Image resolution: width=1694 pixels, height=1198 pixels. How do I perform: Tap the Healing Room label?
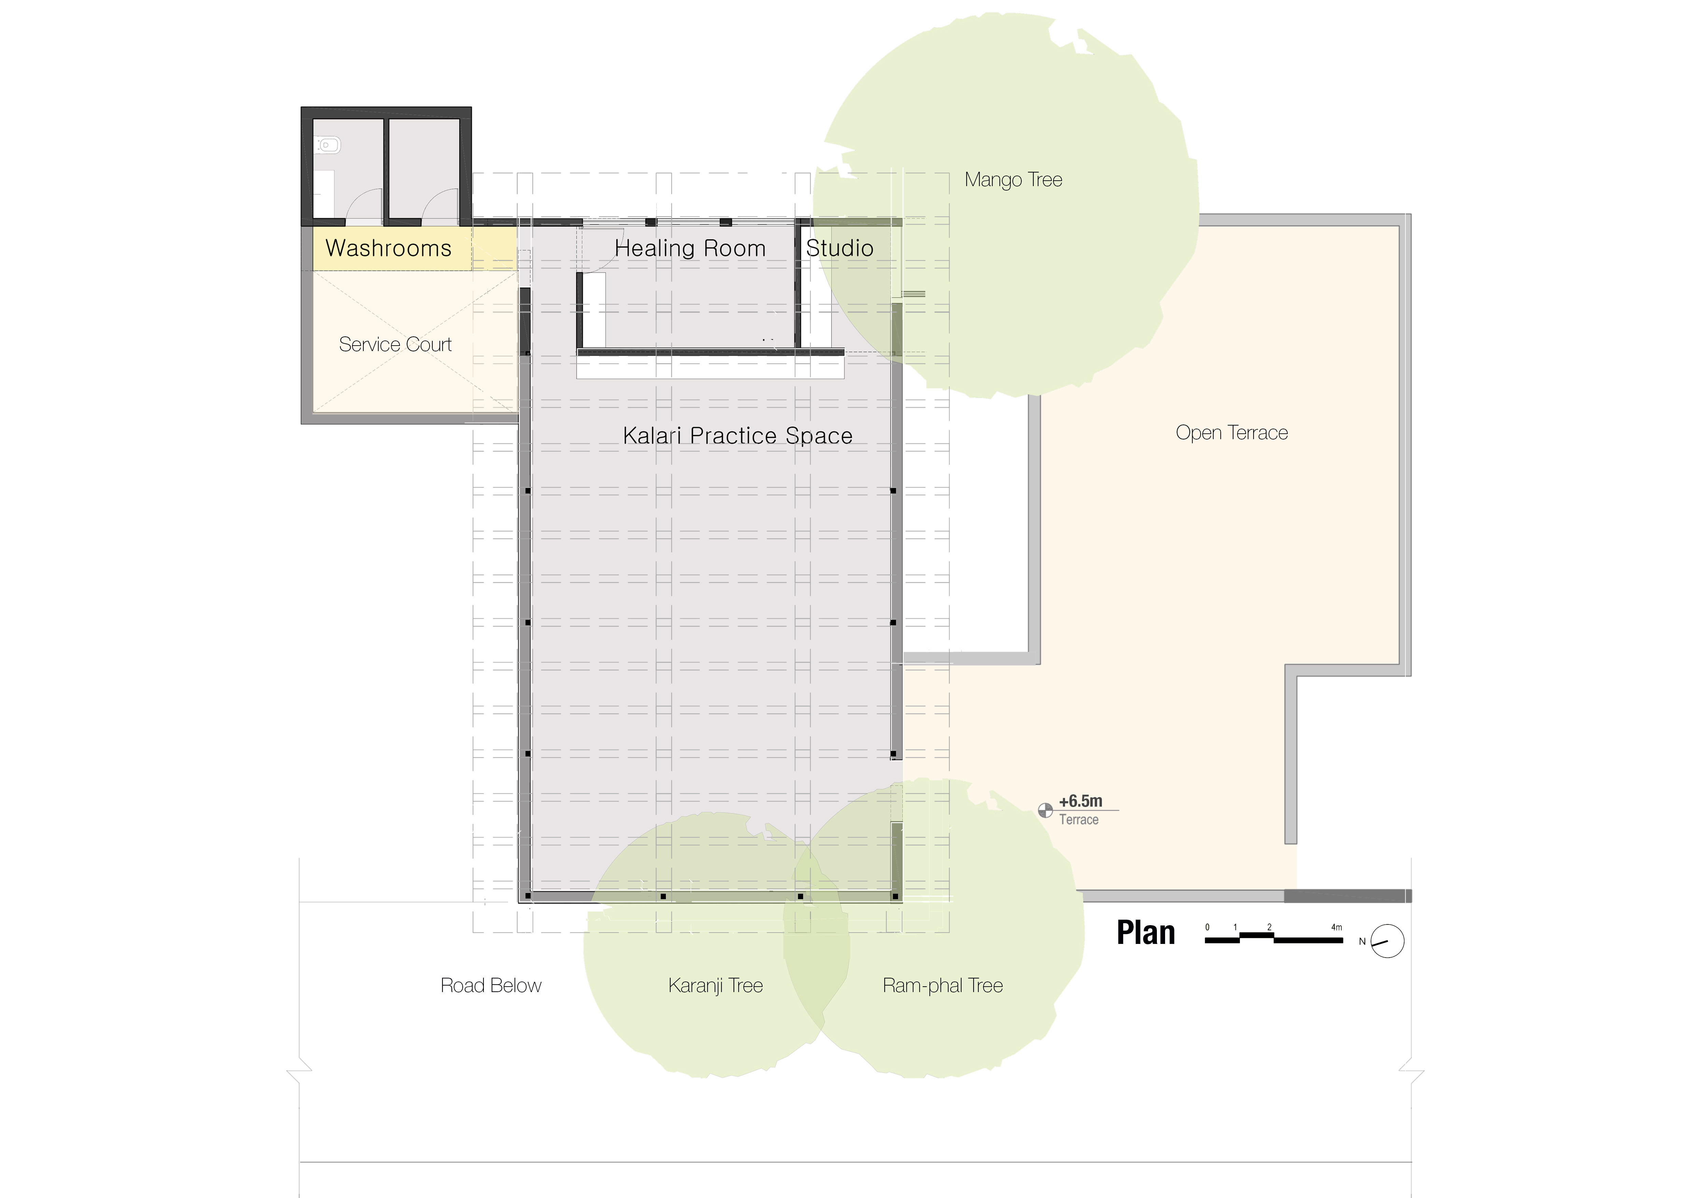click(690, 249)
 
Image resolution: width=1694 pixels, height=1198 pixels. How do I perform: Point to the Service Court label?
click(395, 345)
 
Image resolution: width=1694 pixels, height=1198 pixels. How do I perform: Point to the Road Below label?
click(491, 986)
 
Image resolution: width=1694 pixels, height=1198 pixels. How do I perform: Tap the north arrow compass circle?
click(1387, 941)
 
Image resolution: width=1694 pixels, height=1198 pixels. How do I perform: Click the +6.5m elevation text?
click(1081, 801)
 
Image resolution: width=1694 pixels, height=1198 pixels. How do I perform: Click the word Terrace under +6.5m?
click(1079, 820)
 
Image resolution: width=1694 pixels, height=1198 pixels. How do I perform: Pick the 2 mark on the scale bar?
click(1270, 927)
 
